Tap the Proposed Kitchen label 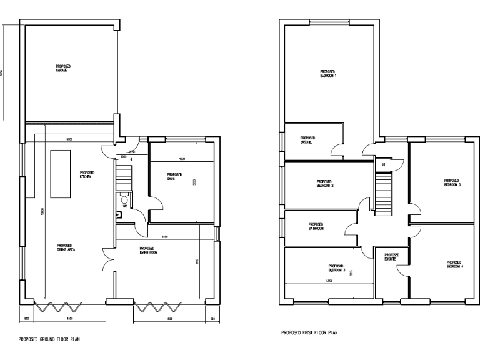tap(86, 174)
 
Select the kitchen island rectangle tap(61, 174)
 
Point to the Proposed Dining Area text tap(66, 247)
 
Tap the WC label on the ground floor tap(125, 204)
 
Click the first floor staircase tap(382, 193)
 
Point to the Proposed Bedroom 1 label tap(328, 74)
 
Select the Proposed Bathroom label tap(316, 227)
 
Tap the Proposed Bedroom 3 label tap(337, 269)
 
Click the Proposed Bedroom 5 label tap(452, 183)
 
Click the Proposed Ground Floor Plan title tap(49, 340)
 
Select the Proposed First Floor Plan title tap(311, 332)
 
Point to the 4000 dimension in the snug tap(182, 159)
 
